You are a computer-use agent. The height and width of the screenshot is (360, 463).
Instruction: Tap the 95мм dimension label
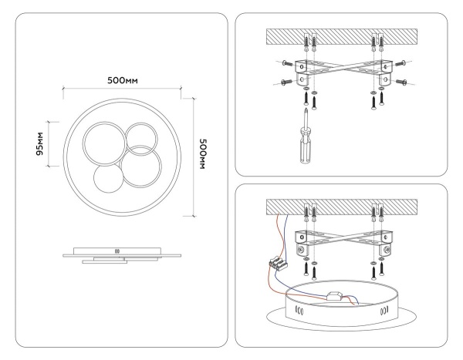tap(40, 143)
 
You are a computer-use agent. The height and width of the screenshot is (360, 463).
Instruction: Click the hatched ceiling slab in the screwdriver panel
tap(342, 36)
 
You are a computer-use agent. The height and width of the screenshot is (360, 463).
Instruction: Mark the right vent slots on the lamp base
tap(386, 312)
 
